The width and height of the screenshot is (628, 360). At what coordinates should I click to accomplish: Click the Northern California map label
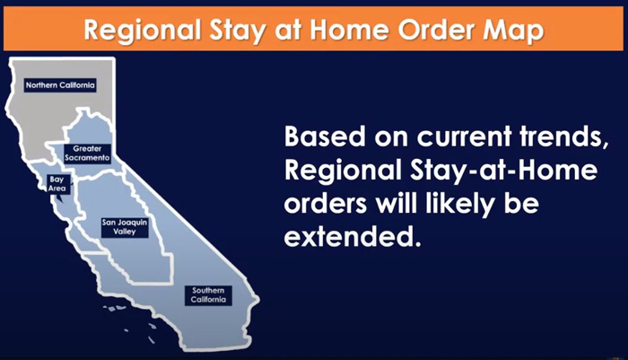60,85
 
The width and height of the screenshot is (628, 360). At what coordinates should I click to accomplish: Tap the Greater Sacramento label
87,154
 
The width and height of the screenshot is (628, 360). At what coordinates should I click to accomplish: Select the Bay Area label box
57,184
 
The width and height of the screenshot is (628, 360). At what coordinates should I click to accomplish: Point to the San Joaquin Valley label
125,227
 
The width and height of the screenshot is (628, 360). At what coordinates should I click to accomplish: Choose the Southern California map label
208,295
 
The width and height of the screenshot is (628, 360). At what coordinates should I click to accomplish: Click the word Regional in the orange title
143,31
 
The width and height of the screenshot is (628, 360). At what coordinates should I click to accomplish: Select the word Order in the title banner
436,31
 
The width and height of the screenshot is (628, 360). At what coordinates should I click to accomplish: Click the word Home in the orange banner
349,31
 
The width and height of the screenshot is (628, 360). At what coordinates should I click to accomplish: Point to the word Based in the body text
325,136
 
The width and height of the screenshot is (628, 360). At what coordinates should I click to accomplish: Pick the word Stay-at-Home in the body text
503,171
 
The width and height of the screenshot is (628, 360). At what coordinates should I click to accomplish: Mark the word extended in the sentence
353,237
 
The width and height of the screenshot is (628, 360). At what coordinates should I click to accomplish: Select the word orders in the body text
326,204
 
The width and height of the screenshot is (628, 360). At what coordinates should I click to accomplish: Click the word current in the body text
464,136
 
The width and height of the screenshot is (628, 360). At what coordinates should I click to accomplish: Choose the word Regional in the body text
343,171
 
